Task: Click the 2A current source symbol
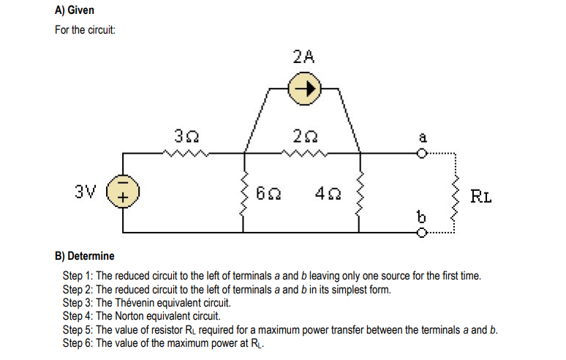(303, 90)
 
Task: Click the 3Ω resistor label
(184, 137)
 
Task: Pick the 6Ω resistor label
(268, 194)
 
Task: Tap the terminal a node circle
(421, 154)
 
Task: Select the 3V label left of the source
(86, 192)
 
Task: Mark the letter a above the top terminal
(422, 136)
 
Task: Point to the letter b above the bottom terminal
(420, 217)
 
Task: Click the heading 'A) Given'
(75, 11)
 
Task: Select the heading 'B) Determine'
(85, 256)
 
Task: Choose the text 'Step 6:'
(79, 343)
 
